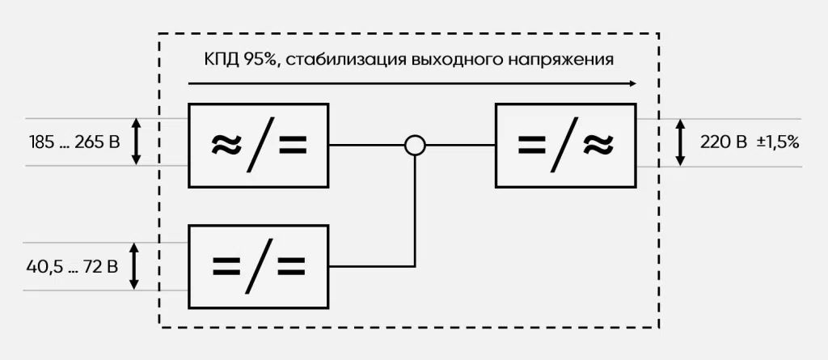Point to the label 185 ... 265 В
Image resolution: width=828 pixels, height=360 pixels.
click(x=74, y=142)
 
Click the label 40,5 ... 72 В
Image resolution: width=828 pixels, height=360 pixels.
click(x=72, y=267)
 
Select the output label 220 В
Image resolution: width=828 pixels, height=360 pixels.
click(x=724, y=142)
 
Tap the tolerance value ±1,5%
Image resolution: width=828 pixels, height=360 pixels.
click(x=778, y=142)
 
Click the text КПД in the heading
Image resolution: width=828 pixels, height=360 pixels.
click(x=222, y=59)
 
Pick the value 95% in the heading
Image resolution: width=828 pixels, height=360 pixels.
click(x=260, y=59)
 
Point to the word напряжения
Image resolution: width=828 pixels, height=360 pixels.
click(x=561, y=61)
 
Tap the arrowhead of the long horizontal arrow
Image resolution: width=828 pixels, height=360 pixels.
click(x=632, y=83)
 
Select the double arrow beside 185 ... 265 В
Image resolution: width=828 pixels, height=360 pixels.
click(x=136, y=142)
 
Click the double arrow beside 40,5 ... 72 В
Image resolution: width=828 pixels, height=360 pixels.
click(x=134, y=266)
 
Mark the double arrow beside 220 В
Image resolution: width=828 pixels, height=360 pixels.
click(x=680, y=142)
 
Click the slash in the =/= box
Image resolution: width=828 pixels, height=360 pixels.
click(x=259, y=266)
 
